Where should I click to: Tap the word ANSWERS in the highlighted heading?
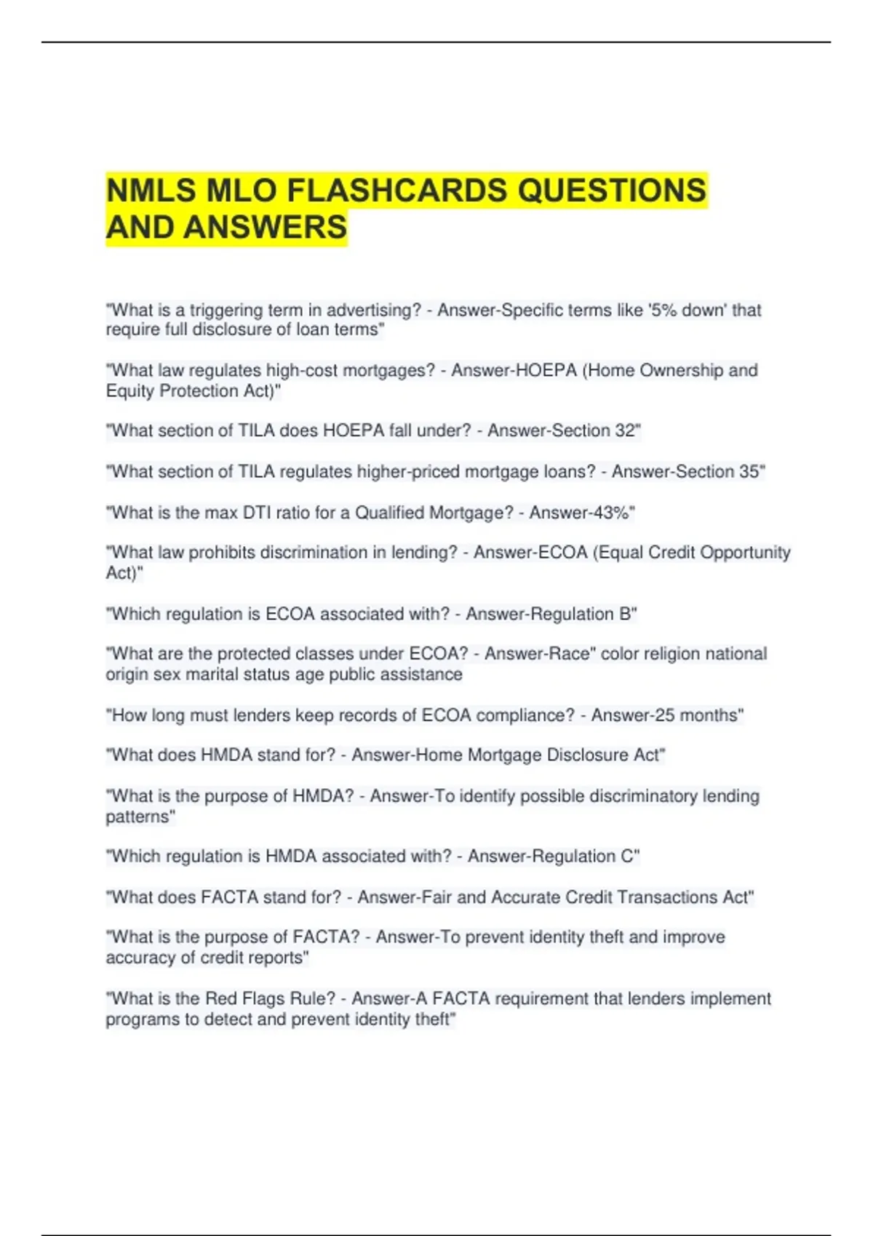[266, 228]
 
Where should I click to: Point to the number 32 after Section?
[626, 430]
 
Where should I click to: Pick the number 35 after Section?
[749, 472]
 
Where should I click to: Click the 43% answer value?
[617, 513]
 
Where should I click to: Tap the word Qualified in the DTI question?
[389, 513]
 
